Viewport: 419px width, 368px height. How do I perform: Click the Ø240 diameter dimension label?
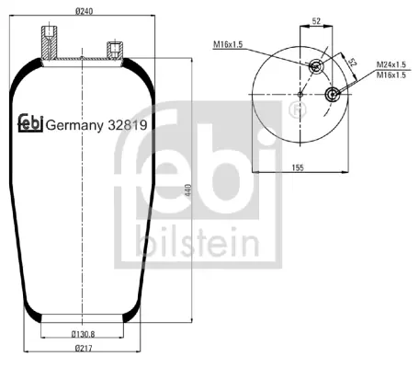coord(84,11)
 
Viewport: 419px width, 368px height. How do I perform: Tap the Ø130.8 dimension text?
coord(83,334)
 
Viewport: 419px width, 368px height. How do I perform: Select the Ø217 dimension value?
coord(84,348)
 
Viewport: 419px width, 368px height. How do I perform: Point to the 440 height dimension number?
coord(188,190)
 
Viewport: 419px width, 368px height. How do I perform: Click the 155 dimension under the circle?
coord(298,167)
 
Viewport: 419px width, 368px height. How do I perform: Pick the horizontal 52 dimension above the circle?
coord(316,21)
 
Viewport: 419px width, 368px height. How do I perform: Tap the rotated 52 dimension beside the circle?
coord(353,63)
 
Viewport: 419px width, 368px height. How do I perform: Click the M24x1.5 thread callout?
coord(391,64)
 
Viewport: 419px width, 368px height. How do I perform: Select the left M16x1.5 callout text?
coord(228,44)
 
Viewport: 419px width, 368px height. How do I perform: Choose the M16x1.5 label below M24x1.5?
coord(391,75)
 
